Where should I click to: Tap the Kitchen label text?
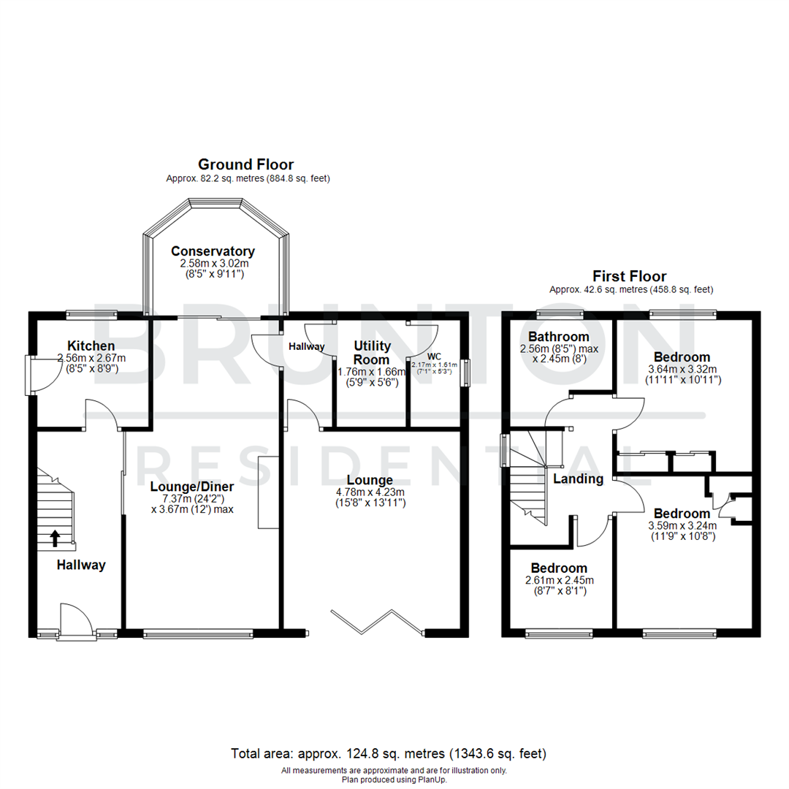91,346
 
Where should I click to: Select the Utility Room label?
373,352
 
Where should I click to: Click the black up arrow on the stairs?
55,538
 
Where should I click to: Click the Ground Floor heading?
246,164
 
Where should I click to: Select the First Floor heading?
629,276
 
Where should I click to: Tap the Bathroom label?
559,337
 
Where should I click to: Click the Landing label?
578,479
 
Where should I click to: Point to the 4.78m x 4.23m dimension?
370,492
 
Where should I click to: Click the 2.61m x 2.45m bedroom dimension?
559,581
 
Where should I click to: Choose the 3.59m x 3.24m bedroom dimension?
682,525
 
